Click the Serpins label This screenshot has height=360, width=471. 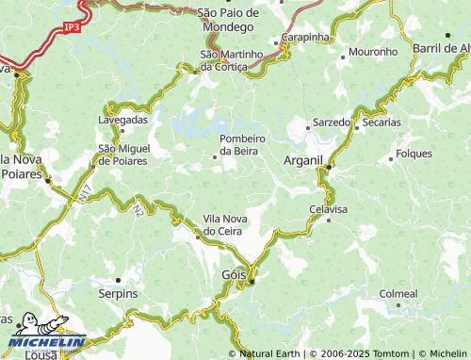point(119,294)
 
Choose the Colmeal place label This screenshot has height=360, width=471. point(398,294)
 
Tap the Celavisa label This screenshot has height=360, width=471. point(328,208)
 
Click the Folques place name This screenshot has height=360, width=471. point(414,153)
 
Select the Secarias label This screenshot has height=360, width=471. point(381,123)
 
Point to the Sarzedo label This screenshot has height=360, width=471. point(331,123)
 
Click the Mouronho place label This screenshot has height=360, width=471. point(374,51)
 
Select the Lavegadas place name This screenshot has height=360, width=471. point(123,121)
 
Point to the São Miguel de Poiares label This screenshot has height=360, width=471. point(122,155)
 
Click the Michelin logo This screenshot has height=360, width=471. point(44,335)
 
